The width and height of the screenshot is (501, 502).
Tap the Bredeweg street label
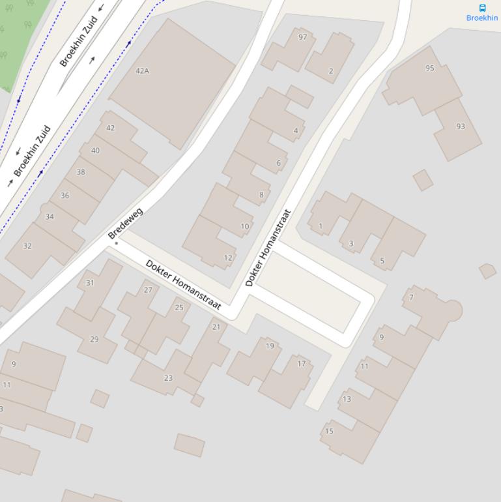(x=125, y=223)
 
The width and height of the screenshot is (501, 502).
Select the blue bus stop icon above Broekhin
(x=482, y=8)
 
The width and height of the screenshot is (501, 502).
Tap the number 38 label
(x=81, y=172)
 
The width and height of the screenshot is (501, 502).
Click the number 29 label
(x=94, y=339)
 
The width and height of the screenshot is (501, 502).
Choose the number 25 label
(x=179, y=308)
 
